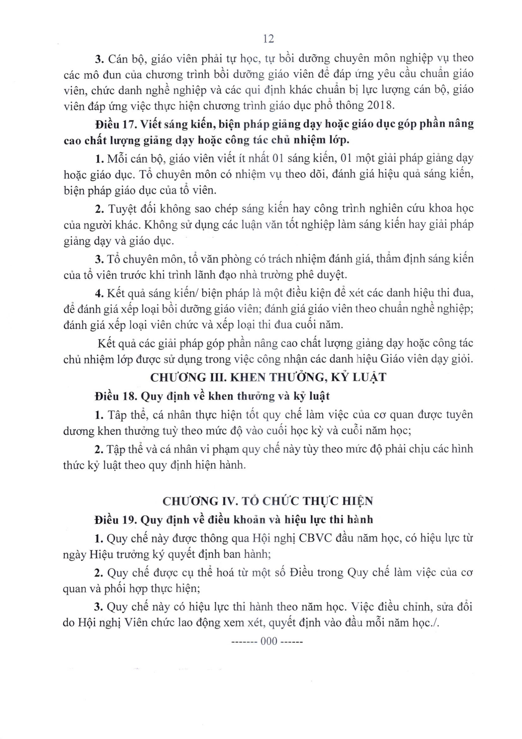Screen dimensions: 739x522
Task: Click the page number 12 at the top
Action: pos(268,39)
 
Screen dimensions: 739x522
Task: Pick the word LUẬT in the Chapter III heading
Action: pos(369,377)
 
